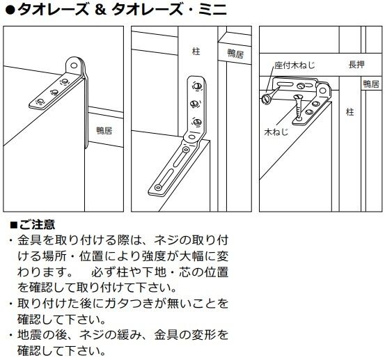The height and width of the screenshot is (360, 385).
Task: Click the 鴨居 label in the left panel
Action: point(104,130)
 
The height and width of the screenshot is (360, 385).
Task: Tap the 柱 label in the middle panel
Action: point(196,52)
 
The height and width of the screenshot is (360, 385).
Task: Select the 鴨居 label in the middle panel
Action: point(235,54)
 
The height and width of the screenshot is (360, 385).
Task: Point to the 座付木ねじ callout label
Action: point(294,65)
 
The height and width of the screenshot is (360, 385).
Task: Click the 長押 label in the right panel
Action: point(356,65)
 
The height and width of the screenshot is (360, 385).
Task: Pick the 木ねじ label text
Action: point(276,132)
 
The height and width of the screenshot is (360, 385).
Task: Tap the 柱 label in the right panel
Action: point(350,112)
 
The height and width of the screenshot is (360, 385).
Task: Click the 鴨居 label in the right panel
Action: point(371,84)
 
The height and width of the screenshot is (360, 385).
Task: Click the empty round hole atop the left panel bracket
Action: point(74,65)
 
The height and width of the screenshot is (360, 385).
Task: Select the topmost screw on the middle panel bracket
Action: point(197,86)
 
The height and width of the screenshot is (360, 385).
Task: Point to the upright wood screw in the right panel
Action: point(299,107)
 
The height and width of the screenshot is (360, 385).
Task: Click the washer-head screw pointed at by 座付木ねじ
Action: point(266,99)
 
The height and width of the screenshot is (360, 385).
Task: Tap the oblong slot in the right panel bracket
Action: point(285,84)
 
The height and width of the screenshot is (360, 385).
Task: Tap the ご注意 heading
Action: point(37,224)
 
